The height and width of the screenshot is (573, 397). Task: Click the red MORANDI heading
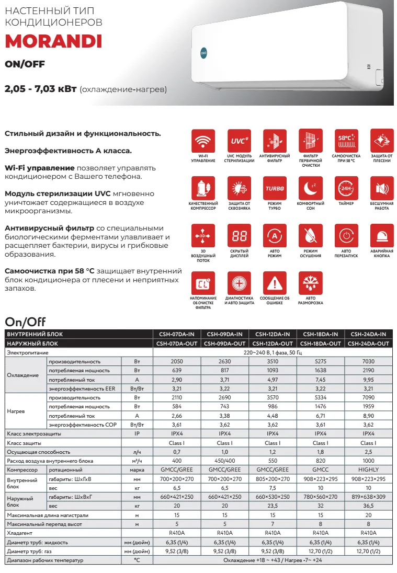tap(53, 41)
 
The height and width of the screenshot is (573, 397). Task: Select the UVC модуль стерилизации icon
tap(239, 140)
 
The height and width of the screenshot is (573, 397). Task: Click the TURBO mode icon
tap(274, 188)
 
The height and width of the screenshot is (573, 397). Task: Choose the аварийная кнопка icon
tap(382, 236)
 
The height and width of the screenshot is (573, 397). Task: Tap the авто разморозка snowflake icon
tap(310, 283)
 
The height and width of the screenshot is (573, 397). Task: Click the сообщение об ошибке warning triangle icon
tap(274, 283)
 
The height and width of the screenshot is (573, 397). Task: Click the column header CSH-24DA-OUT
tap(369, 343)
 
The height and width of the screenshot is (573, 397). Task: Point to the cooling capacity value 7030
tap(369, 362)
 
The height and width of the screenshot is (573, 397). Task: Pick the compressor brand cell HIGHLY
tap(369, 469)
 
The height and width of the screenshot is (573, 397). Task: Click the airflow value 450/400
tap(224, 461)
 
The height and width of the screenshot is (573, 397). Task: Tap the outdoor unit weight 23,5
tap(273, 506)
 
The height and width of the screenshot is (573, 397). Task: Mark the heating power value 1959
tap(369, 407)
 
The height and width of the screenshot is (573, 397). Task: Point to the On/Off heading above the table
tap(26, 321)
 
